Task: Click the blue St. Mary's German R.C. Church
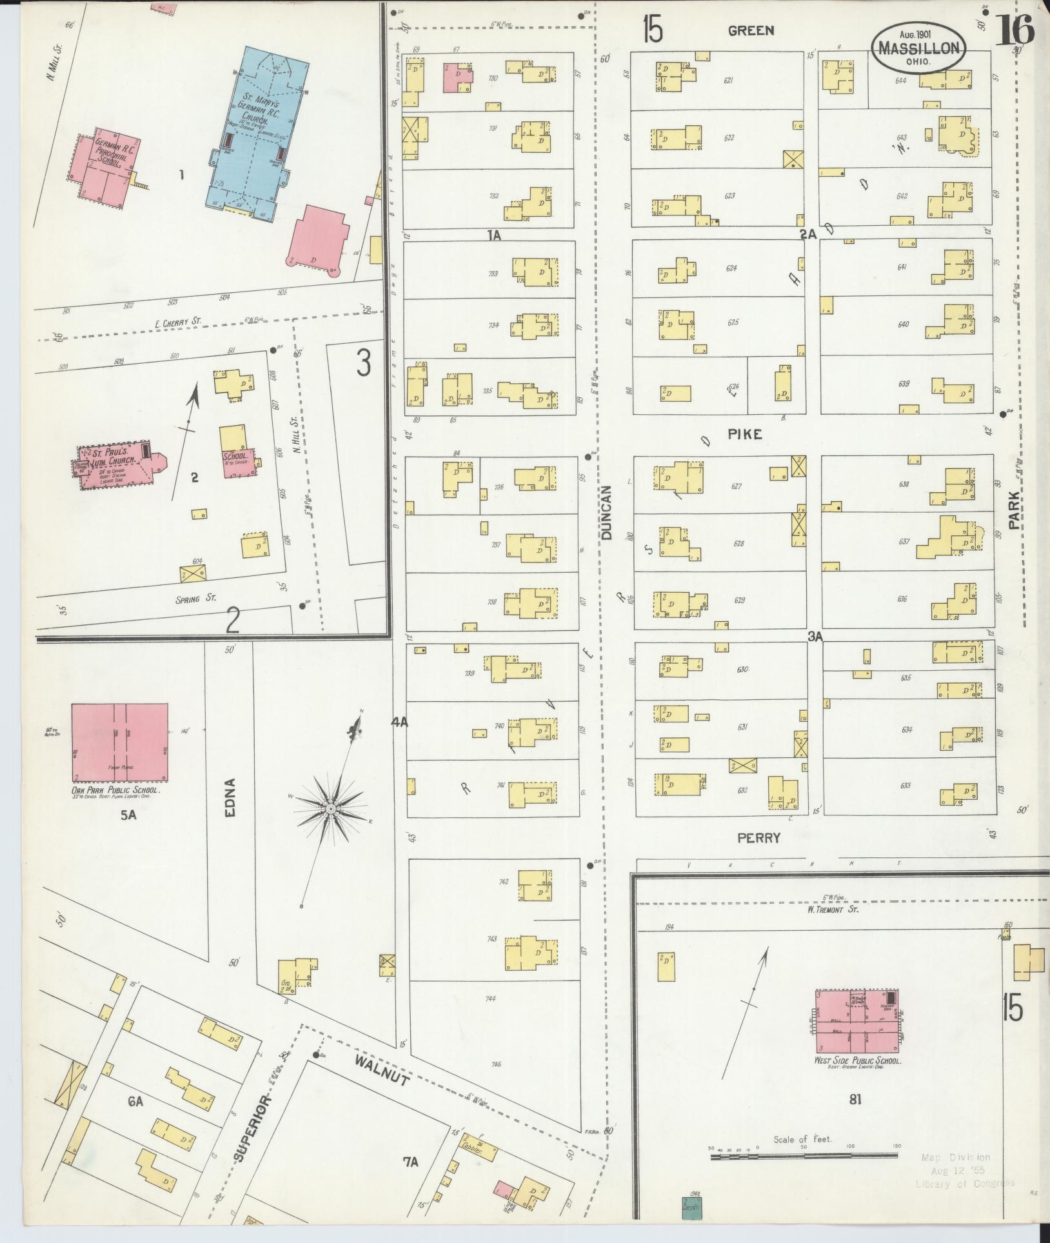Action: (258, 135)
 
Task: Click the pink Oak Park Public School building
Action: (119, 742)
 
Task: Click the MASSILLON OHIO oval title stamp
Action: (919, 47)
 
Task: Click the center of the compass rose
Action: (330, 808)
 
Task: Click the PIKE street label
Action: (745, 434)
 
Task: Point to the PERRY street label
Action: (759, 838)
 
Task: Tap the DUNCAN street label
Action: (606, 513)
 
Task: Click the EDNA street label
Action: (231, 797)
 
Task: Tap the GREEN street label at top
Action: (751, 30)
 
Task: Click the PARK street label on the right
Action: (1015, 510)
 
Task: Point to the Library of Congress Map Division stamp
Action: (964, 1170)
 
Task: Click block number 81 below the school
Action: (855, 1100)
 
